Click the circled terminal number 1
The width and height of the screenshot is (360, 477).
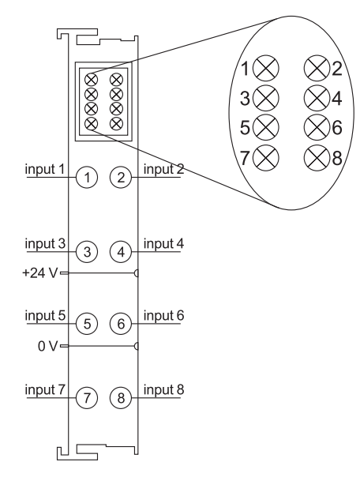[x=87, y=178]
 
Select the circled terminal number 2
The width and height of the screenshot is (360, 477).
[x=121, y=178]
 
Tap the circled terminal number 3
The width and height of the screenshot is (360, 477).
[x=87, y=252]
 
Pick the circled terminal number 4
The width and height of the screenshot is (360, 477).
[x=121, y=252]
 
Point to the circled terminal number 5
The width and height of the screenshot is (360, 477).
[x=87, y=323]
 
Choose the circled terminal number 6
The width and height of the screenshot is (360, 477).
[x=121, y=323]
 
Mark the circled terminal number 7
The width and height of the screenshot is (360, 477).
[x=87, y=397]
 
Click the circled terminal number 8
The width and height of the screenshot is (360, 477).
[x=121, y=397]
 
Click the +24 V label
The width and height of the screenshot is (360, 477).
[x=39, y=273]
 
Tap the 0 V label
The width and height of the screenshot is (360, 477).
[x=47, y=346]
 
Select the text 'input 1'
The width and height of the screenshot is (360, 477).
[x=45, y=169]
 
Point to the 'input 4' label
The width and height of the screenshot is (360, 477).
[x=163, y=244]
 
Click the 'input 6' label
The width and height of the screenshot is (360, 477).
[x=163, y=315]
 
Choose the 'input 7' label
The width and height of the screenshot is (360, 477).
[x=45, y=389]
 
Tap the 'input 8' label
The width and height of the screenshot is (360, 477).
[x=163, y=389]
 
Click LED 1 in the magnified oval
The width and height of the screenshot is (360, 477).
[x=266, y=68]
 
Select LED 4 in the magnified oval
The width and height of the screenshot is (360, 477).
[x=317, y=98]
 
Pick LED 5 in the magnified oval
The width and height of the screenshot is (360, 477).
[x=266, y=127]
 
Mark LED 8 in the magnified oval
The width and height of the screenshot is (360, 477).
[x=317, y=157]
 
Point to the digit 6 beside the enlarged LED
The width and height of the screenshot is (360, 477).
[x=337, y=127]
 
